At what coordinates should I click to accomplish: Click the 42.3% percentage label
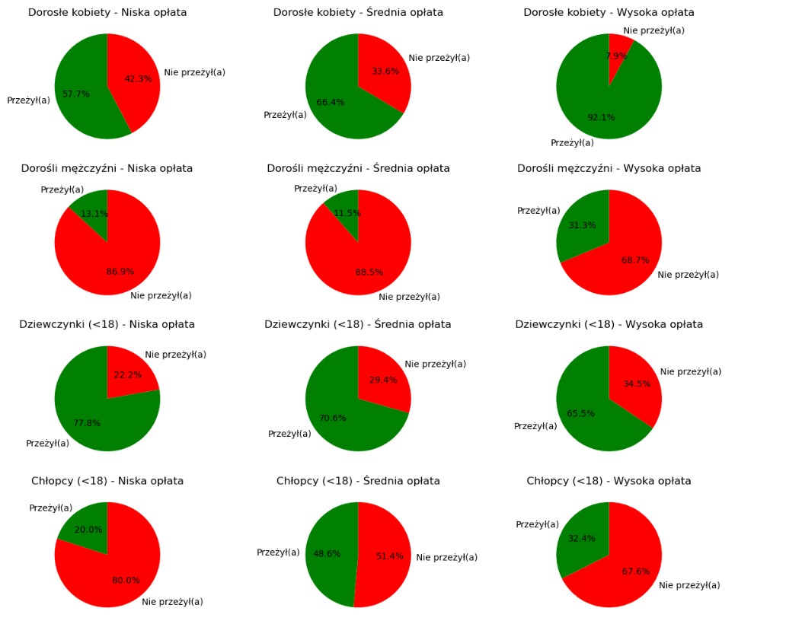(x=139, y=78)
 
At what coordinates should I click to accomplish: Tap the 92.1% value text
(x=601, y=117)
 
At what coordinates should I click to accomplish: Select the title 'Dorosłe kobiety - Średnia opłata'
(x=358, y=12)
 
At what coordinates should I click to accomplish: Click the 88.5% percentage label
(x=369, y=272)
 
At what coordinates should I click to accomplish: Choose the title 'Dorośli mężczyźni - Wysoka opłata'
(x=609, y=168)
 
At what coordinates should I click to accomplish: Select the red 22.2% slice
(x=129, y=369)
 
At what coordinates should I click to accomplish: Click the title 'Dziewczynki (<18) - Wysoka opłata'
(x=609, y=324)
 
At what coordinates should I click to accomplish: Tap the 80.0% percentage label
(x=126, y=580)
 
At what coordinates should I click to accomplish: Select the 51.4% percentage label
(x=390, y=556)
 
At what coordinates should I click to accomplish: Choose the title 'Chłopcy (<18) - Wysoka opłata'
(x=609, y=481)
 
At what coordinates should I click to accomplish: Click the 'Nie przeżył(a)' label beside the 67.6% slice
(x=689, y=585)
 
